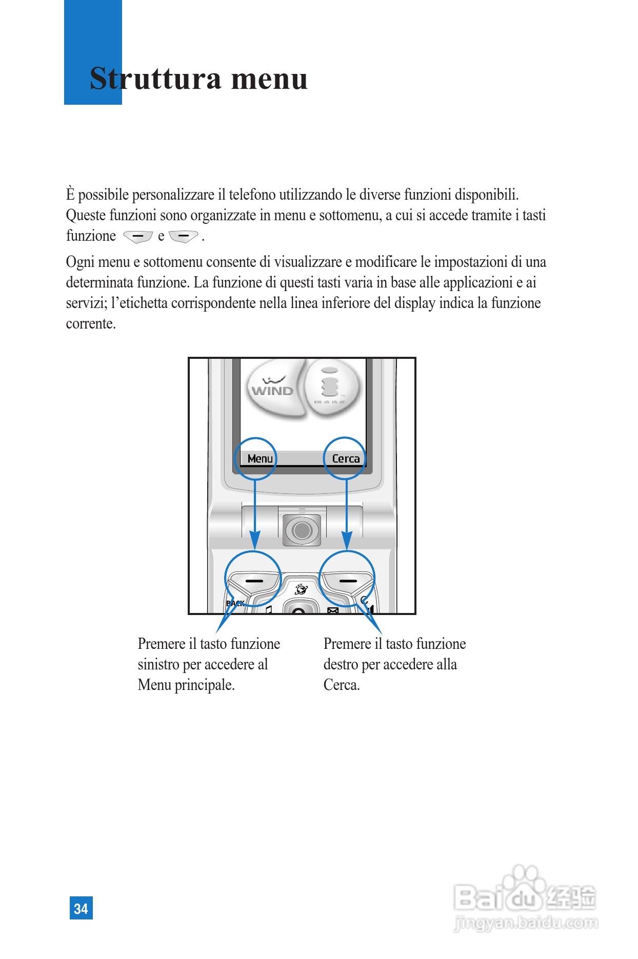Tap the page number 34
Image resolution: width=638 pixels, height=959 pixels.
coord(81,908)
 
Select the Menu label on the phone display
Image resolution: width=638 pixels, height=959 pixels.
coord(260,458)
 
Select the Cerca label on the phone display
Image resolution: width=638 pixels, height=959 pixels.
coord(346,458)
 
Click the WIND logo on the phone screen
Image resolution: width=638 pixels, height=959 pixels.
coord(272,390)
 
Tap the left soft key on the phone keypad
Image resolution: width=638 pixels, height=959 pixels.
coord(253,581)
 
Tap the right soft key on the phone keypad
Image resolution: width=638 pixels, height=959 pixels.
coord(348,581)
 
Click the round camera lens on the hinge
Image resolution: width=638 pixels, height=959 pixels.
coord(302,530)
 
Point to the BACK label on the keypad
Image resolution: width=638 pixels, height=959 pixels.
coord(235,603)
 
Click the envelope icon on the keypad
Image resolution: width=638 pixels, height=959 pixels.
coord(333,610)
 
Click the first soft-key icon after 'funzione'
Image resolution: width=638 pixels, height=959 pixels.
coord(138,236)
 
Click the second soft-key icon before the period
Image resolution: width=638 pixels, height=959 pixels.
coord(183,236)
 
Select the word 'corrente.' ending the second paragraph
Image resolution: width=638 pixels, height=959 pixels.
coord(91,323)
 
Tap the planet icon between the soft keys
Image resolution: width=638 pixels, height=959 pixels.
coord(301,589)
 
